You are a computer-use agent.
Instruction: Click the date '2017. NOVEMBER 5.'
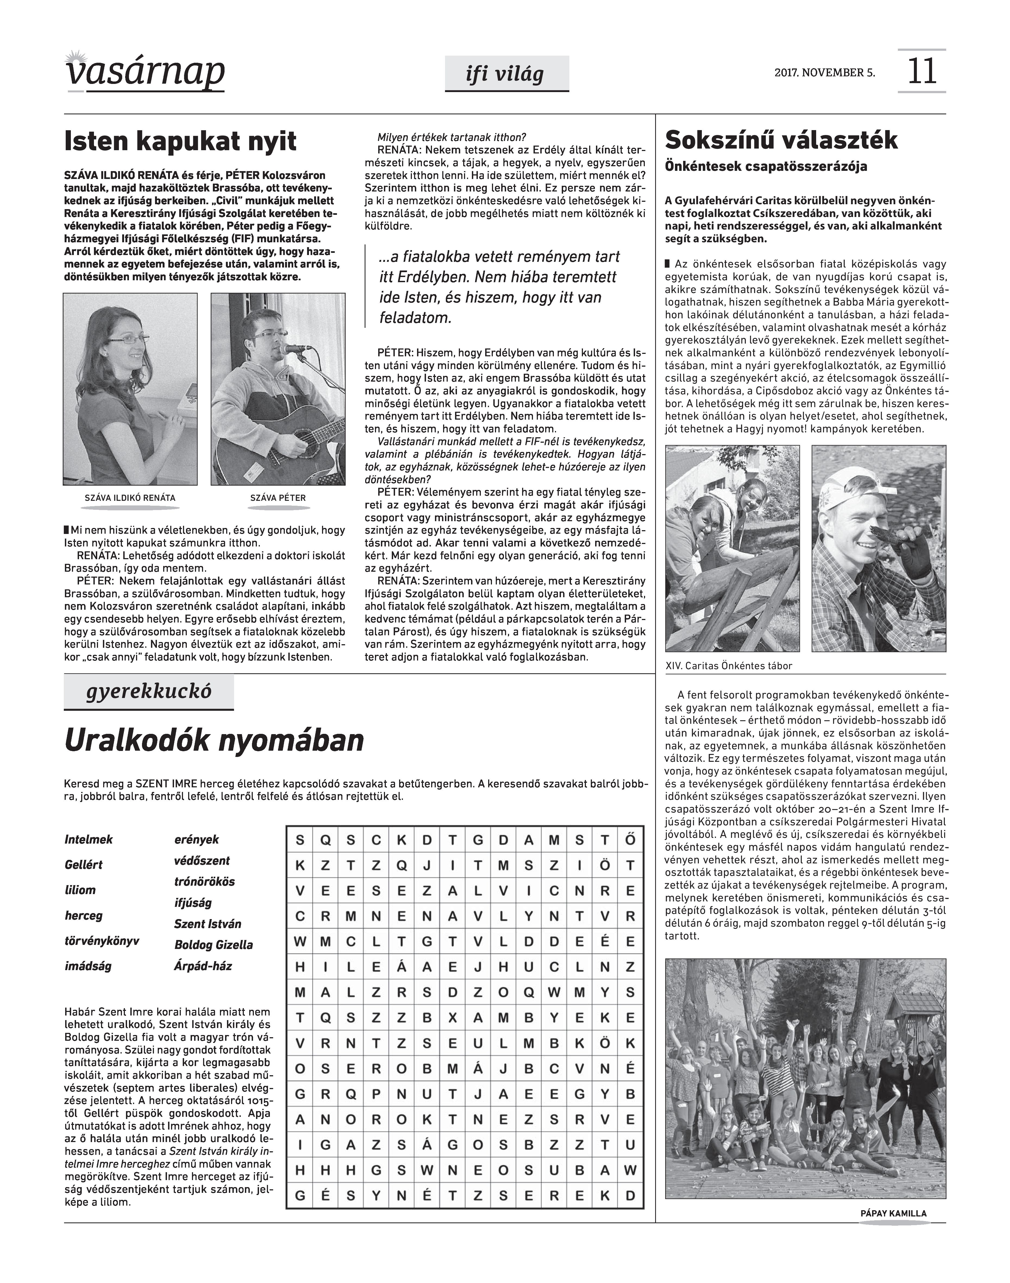click(x=824, y=73)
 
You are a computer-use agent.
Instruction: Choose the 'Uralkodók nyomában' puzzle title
click(x=214, y=741)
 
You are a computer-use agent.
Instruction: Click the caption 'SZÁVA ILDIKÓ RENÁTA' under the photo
click(x=130, y=498)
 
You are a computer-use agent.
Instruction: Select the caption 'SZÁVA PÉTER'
click(x=278, y=498)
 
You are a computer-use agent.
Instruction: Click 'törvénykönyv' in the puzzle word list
click(x=102, y=941)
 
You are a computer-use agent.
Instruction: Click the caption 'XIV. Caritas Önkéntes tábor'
click(x=728, y=666)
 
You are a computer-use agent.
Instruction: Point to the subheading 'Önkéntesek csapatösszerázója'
click(x=766, y=167)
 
